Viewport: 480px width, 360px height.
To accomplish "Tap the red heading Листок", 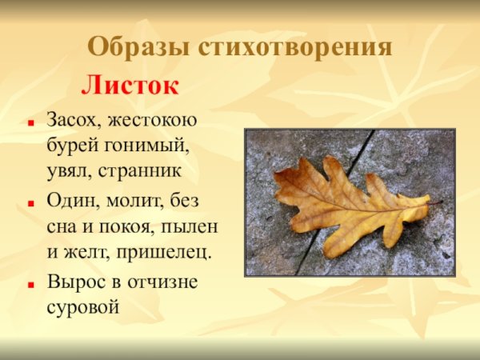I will click(130, 85).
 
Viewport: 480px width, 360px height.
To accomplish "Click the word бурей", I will click(69, 146).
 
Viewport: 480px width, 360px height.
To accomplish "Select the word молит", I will click(134, 200).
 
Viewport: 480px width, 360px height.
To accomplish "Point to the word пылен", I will click(194, 226).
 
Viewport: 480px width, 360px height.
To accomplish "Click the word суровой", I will click(83, 306).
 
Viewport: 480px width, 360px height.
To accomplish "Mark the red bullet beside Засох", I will click(30, 124).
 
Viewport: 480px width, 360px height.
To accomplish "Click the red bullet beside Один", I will click(30, 203).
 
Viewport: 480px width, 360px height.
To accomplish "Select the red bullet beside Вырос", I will click(30, 284).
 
